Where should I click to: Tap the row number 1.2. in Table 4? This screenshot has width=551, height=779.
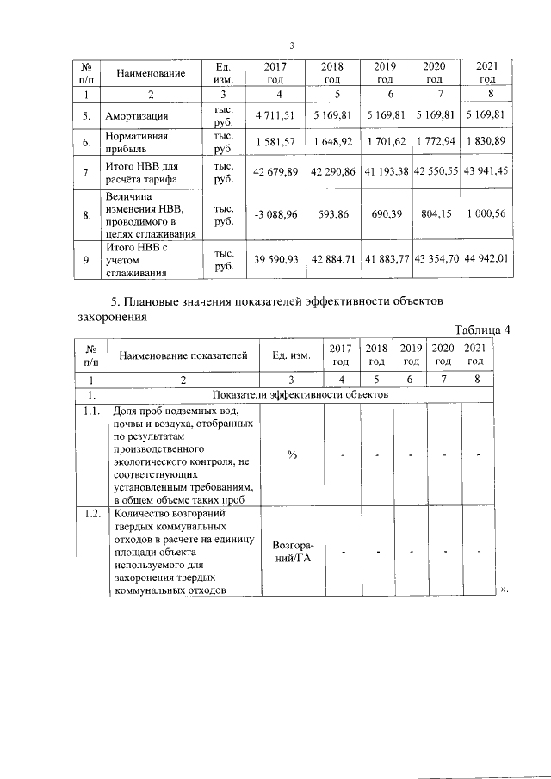91,515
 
